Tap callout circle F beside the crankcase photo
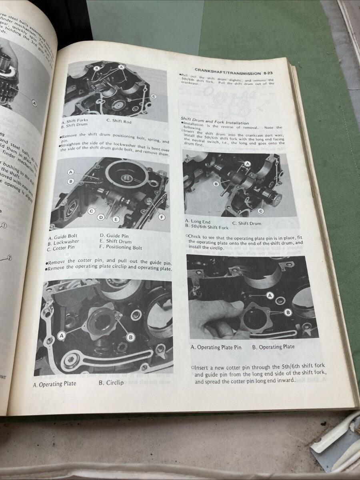[162, 217]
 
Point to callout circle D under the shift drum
[101, 217]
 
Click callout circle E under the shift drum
[116, 219]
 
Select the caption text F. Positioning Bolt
[121, 248]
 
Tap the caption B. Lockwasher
[63, 242]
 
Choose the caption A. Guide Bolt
[63, 236]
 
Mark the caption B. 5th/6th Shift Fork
[206, 227]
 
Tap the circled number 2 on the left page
[9, 258]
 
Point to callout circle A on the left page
[34, 104]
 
